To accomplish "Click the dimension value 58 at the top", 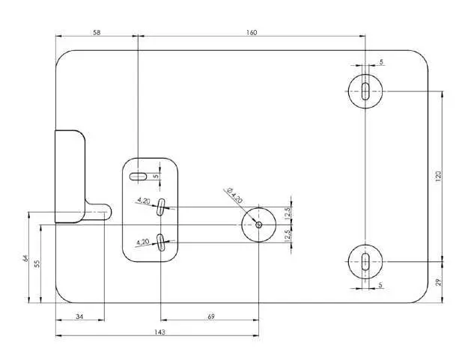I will pyautogui.click(x=97, y=32).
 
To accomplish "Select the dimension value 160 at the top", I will pyautogui.click(x=251, y=32).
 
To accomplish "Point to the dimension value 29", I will pyautogui.click(x=438, y=281).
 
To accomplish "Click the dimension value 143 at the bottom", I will pyautogui.click(x=159, y=331).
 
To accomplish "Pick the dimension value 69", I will pyautogui.click(x=210, y=317).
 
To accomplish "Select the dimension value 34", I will pyautogui.click(x=80, y=317).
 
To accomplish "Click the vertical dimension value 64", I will pyautogui.click(x=25, y=258).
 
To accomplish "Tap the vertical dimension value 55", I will pyautogui.click(x=37, y=263).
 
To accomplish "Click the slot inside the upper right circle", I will pyautogui.click(x=365, y=91).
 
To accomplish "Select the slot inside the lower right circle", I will pyautogui.click(x=365, y=261).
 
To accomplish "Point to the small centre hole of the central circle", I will pyautogui.click(x=258, y=224).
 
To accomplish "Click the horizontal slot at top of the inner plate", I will pyautogui.click(x=139, y=177).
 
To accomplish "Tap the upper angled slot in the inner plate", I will pyautogui.click(x=161, y=208).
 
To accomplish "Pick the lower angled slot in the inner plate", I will pyautogui.click(x=161, y=240).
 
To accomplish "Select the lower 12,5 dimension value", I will pyautogui.click(x=287, y=234).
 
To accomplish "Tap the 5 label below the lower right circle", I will pyautogui.click(x=380, y=285).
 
